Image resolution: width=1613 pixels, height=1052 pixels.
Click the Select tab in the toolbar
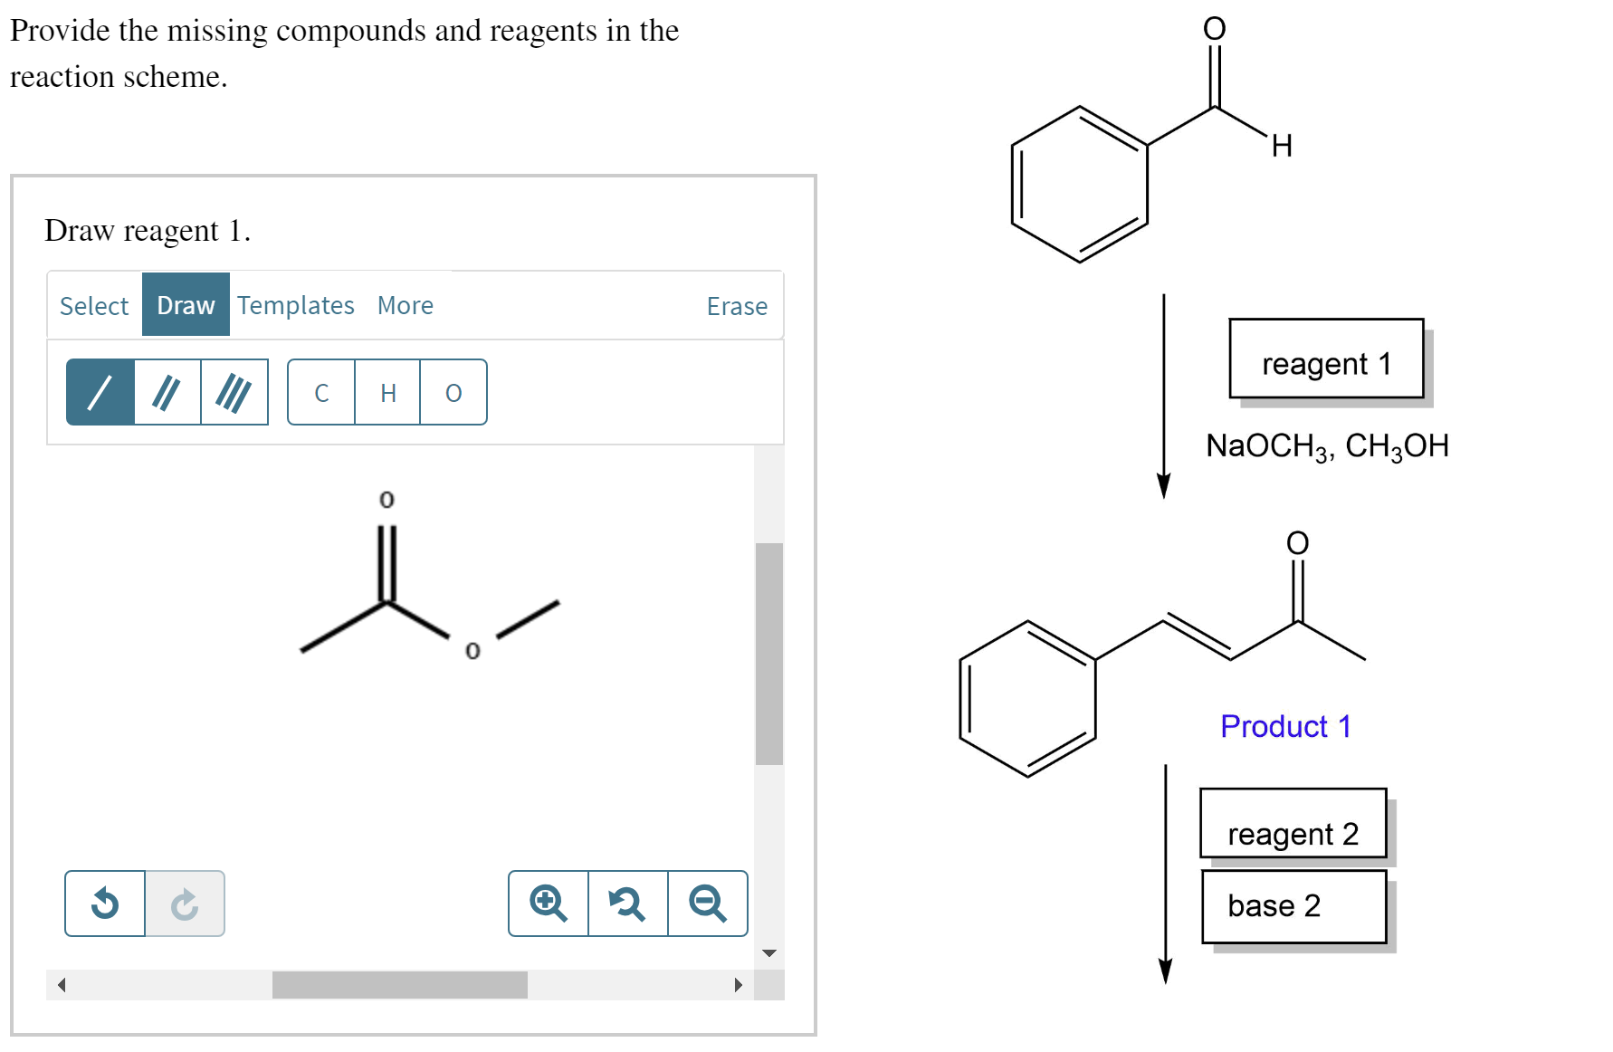[94, 306]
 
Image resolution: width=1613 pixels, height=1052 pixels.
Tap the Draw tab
[186, 306]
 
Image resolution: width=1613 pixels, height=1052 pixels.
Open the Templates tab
[296, 306]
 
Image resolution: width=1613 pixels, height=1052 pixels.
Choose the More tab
[405, 306]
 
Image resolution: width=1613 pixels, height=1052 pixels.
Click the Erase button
[737, 307]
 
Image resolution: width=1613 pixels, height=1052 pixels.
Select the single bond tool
[100, 393]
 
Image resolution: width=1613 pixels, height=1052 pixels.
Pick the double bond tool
[167, 393]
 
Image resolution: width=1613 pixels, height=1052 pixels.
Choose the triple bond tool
[234, 393]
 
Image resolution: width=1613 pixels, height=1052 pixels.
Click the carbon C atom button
[321, 393]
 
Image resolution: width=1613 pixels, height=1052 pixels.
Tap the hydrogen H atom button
[388, 393]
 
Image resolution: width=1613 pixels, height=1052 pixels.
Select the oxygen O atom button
[453, 393]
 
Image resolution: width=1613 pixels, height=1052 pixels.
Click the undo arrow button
[105, 904]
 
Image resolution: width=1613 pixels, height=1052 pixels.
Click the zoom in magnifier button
[549, 904]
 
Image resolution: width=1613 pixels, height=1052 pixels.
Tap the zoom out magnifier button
[707, 904]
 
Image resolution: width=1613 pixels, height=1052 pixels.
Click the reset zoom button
[627, 904]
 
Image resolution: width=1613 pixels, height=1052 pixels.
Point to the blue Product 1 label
[1285, 726]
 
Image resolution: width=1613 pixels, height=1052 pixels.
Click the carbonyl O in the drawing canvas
[387, 500]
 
